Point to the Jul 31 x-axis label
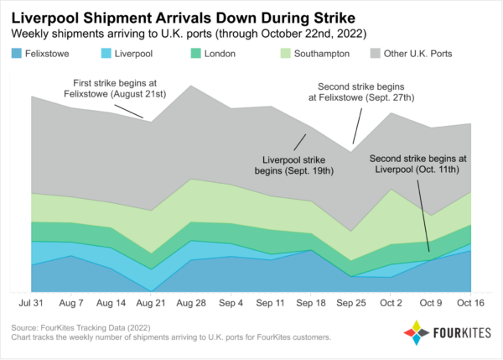[x=31, y=302]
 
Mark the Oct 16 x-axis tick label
[x=470, y=302]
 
